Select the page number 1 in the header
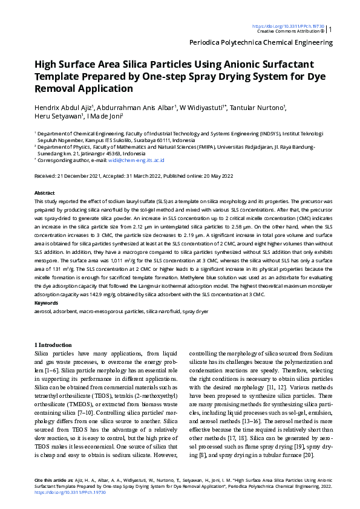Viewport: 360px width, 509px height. (330, 29)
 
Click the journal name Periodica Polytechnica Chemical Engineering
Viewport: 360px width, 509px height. (261, 43)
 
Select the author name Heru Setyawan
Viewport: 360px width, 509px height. (57, 117)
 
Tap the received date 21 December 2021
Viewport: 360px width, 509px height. (83, 176)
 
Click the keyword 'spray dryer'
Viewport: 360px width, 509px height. (195, 311)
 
